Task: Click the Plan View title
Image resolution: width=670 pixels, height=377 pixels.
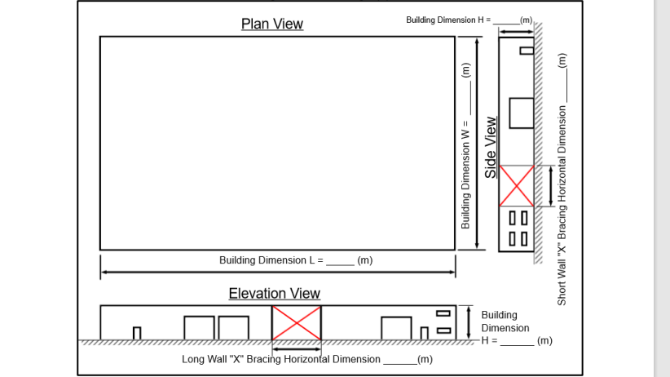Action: coord(271,24)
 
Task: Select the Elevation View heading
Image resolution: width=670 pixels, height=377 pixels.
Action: coord(274,293)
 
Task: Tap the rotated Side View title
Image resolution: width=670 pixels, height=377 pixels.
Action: coord(491,147)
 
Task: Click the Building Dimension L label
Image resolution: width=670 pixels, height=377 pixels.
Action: coord(296,260)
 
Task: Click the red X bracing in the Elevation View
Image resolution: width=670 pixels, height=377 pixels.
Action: coord(296,323)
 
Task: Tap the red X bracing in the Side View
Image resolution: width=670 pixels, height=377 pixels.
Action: coord(517,185)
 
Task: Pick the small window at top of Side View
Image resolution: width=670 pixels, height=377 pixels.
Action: coord(527,50)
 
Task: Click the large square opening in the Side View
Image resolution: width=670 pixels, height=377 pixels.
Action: coord(522,113)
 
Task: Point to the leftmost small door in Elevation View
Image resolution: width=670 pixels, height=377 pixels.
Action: coord(137,333)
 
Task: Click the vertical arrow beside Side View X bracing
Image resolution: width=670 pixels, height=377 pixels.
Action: coord(551,185)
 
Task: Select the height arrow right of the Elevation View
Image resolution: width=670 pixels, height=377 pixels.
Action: coord(469,323)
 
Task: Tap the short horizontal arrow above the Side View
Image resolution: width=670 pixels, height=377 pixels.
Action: coord(516,31)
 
